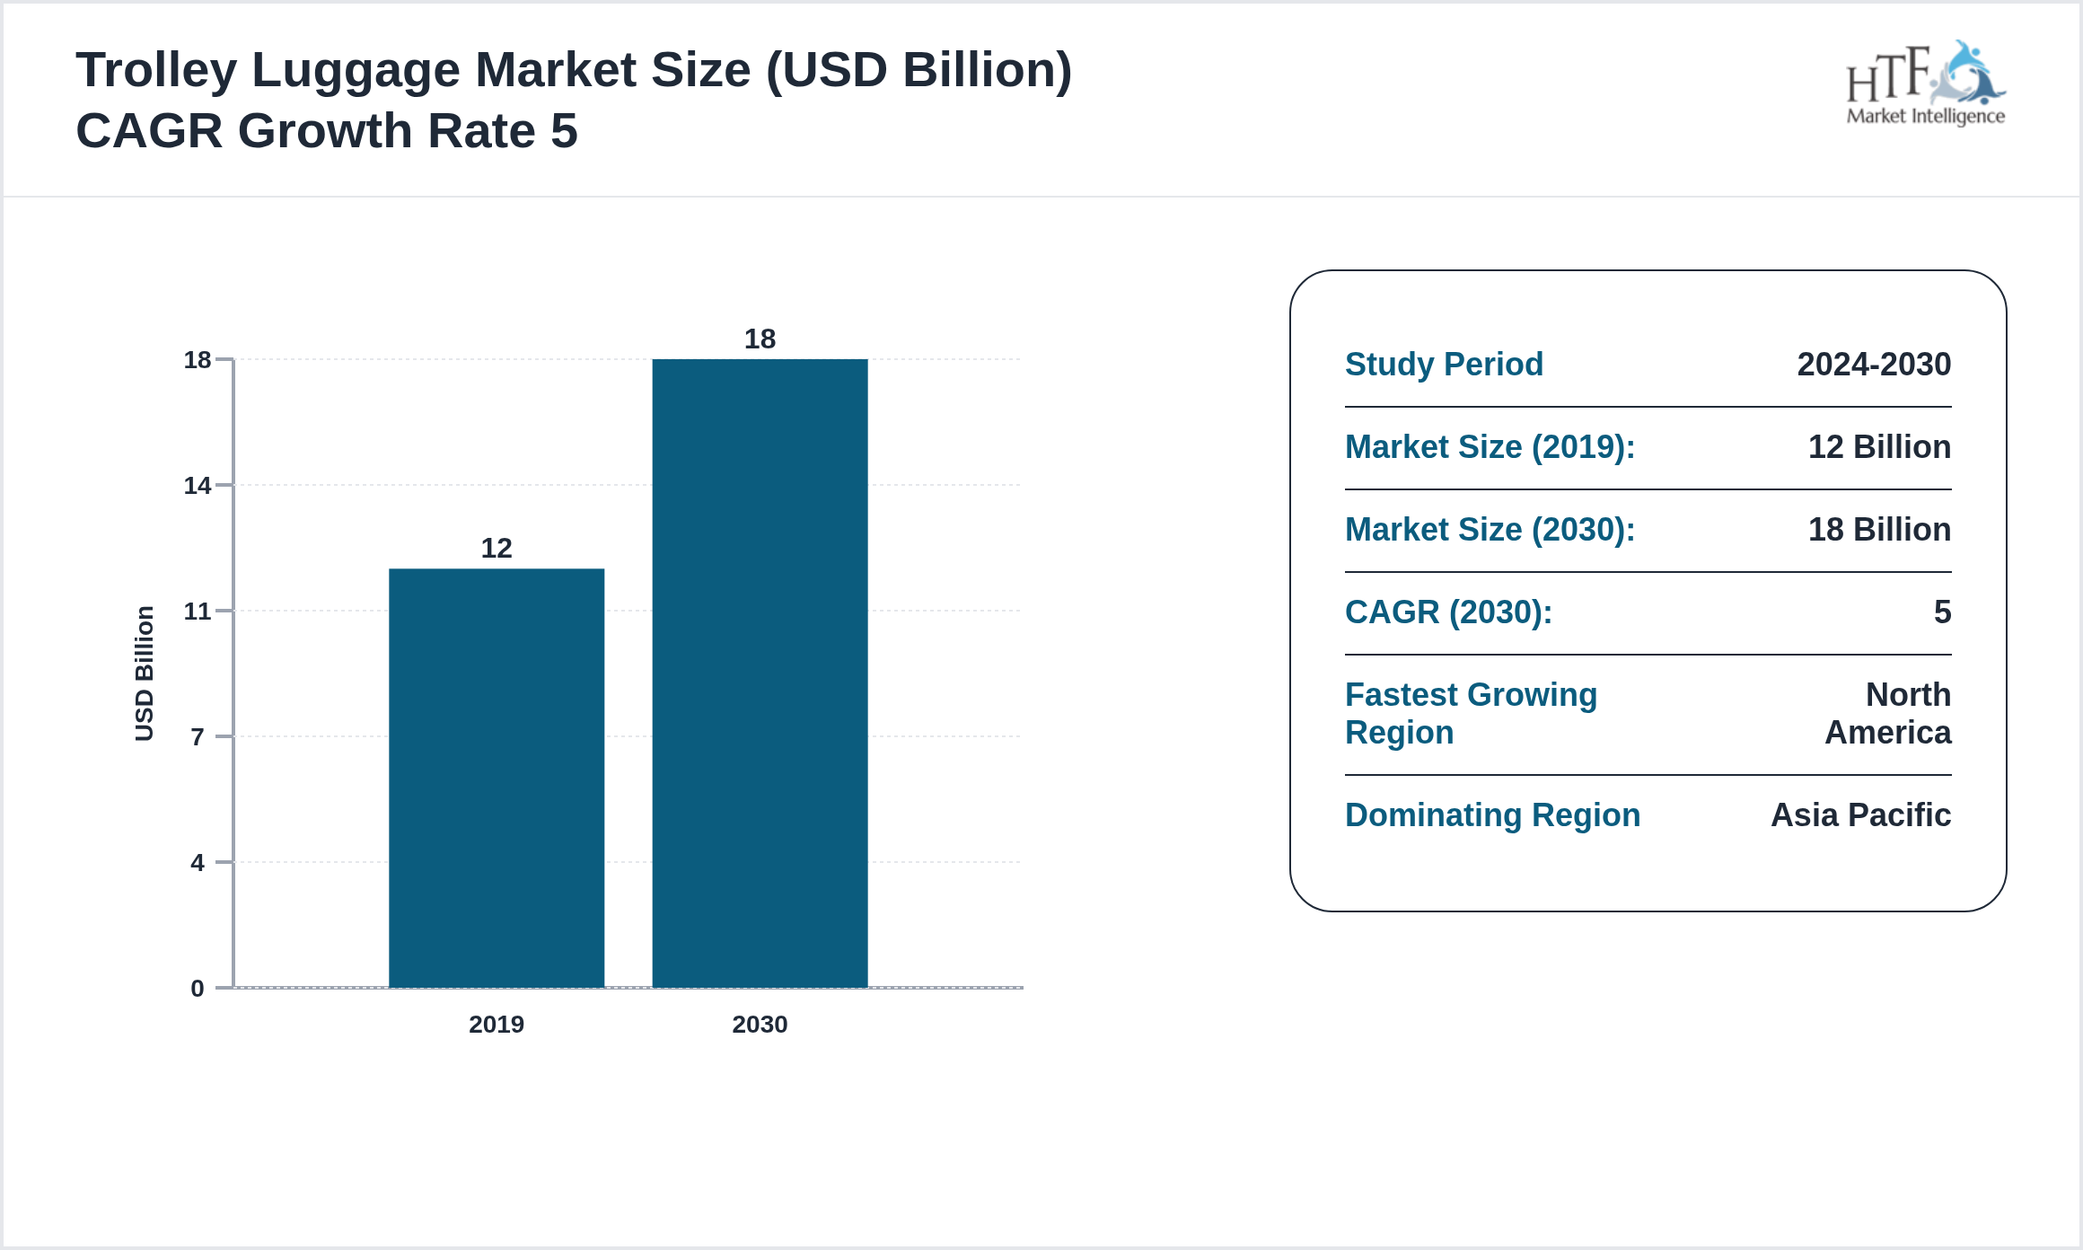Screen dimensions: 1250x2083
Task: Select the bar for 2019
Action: click(497, 778)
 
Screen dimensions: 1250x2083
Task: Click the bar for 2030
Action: click(760, 673)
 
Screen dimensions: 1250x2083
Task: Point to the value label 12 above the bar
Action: click(497, 548)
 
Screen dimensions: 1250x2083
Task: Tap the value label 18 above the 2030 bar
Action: click(760, 339)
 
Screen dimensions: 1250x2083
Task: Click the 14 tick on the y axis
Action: click(198, 486)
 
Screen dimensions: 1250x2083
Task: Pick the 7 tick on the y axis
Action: click(198, 737)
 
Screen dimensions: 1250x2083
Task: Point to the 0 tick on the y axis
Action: click(198, 989)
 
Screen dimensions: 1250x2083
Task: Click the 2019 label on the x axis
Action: click(497, 1025)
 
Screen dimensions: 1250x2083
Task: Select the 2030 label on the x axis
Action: click(760, 1025)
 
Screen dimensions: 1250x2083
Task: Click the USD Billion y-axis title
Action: click(145, 673)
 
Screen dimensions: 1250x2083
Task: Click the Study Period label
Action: click(1444, 365)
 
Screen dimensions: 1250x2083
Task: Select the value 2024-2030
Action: click(1874, 365)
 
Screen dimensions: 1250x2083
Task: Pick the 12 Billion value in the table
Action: click(1879, 447)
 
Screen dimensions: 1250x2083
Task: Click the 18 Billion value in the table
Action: click(1879, 530)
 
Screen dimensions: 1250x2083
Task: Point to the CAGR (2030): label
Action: click(1448, 612)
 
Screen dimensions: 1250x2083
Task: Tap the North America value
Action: click(1889, 714)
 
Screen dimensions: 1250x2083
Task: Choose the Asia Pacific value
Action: click(1860, 815)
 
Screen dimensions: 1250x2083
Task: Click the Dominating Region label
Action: click(1492, 815)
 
